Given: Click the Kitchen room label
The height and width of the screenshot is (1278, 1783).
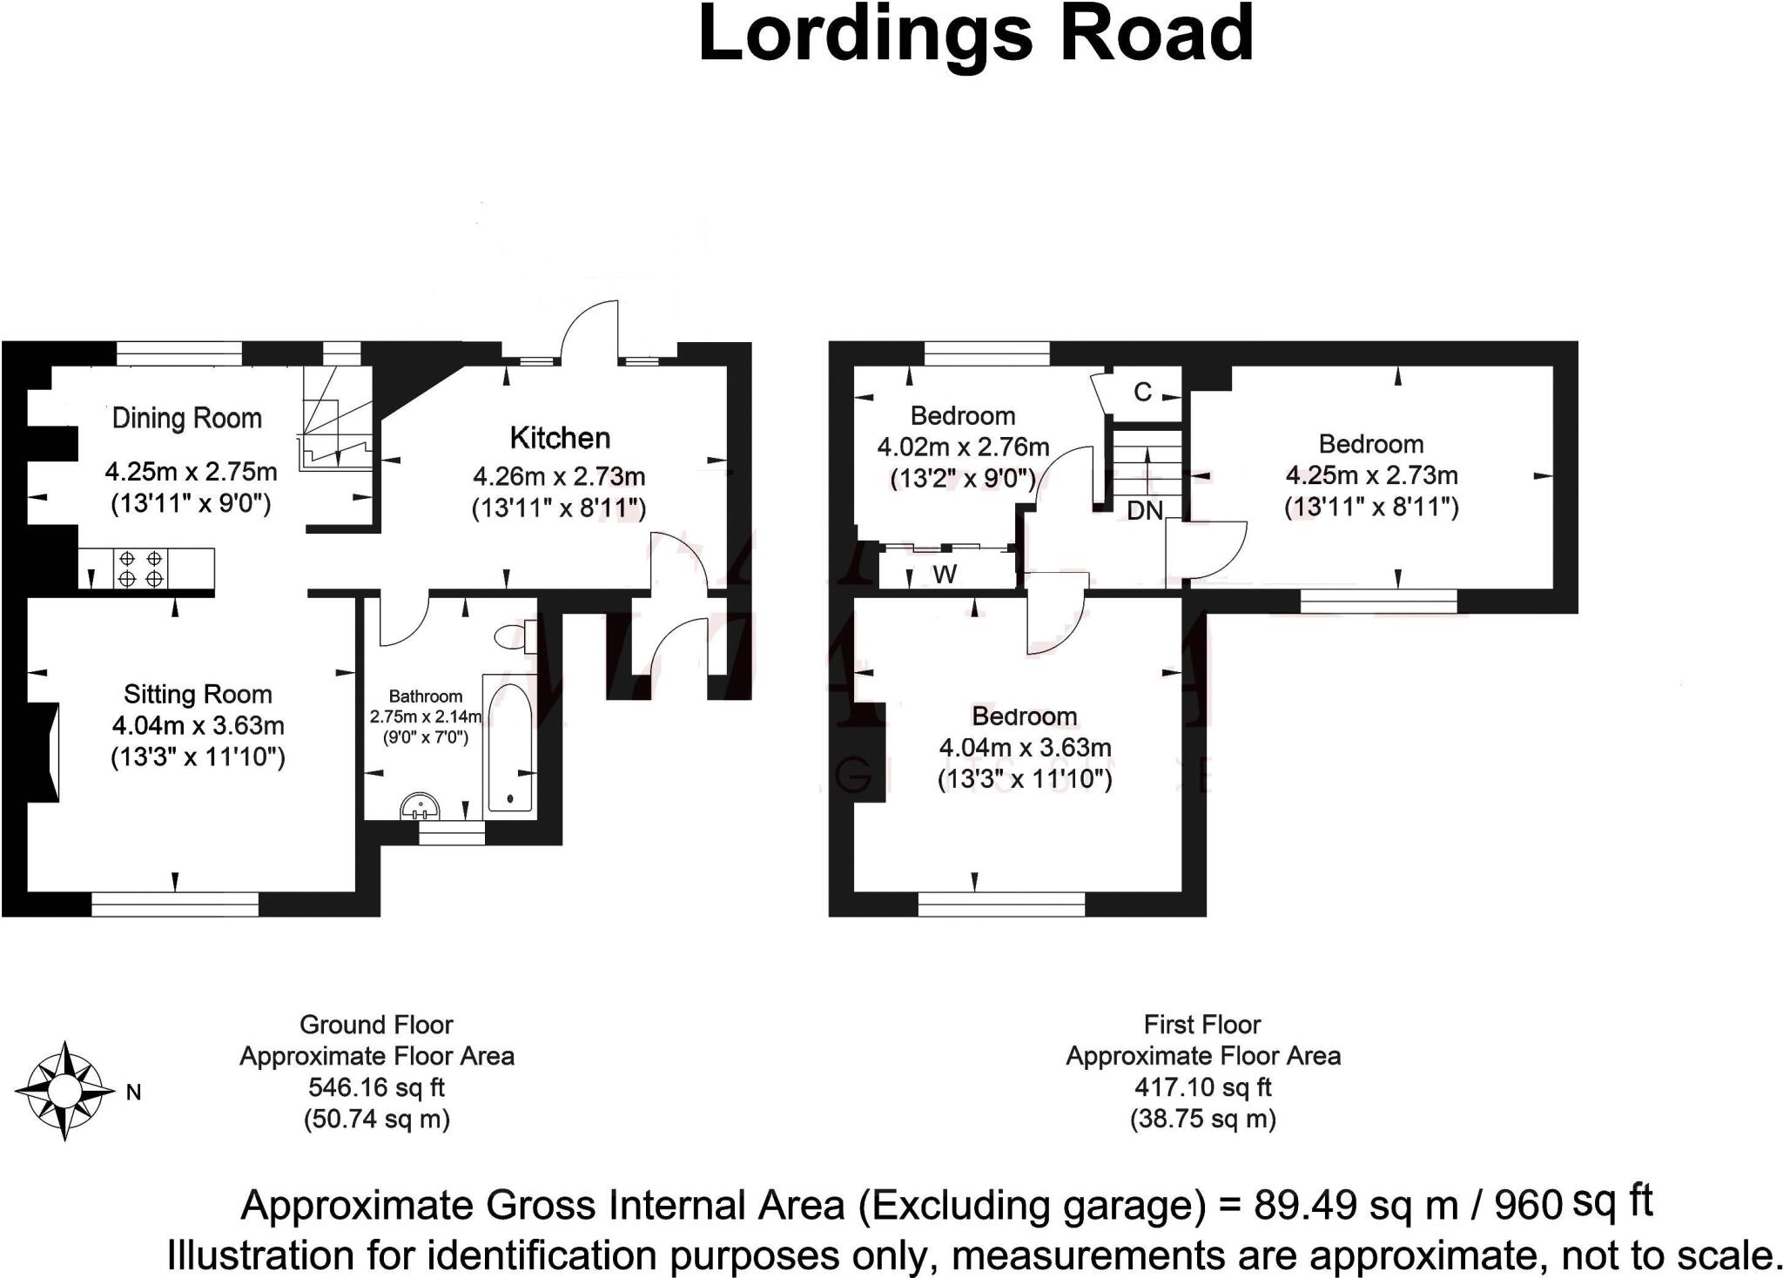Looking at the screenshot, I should point(560,438).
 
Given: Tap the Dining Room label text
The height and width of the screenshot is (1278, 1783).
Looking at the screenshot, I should point(187,419).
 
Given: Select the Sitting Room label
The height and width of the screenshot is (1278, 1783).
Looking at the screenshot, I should point(198,694).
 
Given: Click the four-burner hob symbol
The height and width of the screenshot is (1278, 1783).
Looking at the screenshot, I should point(140,568).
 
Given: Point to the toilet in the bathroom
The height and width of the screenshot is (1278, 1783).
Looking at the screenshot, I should point(512,636).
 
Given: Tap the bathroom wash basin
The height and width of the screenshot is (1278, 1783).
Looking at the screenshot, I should point(422,807).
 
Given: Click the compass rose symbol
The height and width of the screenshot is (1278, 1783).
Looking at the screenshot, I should point(64,1091).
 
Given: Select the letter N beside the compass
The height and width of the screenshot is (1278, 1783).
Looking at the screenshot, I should point(134,1093).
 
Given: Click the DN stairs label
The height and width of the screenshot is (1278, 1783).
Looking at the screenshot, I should point(1145,511).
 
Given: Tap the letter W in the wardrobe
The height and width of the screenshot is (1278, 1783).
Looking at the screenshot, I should point(945,575).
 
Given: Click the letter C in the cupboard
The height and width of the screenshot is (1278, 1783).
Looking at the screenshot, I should point(1143,393).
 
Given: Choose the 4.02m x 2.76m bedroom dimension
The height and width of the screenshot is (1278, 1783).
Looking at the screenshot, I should point(963,447).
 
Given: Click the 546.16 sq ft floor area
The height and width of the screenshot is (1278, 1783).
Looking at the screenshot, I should point(377,1087).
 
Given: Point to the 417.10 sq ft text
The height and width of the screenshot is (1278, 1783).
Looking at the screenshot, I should point(1203,1087).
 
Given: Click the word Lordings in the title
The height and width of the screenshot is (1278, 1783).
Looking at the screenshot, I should point(866,35).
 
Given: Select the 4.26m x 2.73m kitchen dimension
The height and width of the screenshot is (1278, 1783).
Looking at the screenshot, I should point(559,477).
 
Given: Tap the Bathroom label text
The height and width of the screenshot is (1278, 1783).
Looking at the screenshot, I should point(425,696).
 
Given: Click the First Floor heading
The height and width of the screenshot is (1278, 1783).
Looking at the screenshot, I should point(1202,1025).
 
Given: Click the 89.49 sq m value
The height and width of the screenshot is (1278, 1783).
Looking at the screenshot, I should point(1356,1206).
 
